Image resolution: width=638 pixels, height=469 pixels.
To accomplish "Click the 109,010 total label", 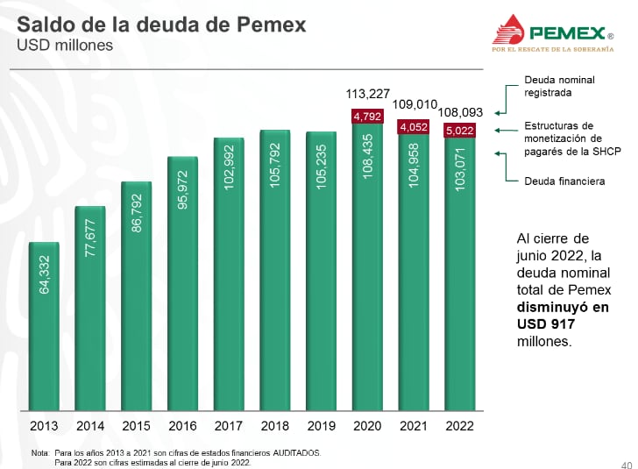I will tap(415, 103).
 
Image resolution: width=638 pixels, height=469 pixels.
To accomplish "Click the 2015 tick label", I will tap(138, 426).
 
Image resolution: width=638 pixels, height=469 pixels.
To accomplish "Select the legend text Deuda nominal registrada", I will tap(559, 85).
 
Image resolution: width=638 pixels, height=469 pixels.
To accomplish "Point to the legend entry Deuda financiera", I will tap(564, 181).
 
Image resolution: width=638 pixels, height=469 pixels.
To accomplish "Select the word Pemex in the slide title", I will tap(272, 25).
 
